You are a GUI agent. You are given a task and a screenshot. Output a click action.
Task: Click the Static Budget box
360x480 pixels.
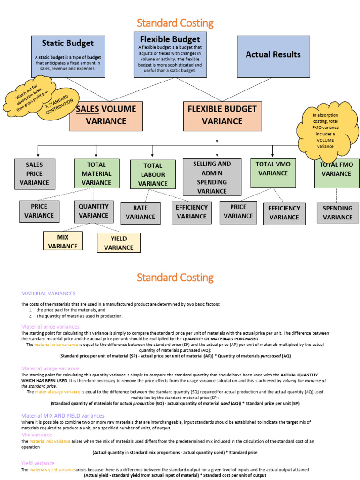point(68,56)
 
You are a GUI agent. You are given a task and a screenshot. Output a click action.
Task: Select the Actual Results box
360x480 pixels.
point(273,56)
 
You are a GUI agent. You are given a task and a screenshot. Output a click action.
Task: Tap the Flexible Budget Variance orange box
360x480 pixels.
point(222,116)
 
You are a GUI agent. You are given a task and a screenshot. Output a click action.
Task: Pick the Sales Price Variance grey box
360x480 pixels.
point(34,174)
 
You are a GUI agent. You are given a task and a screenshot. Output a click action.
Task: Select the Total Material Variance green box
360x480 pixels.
point(96,174)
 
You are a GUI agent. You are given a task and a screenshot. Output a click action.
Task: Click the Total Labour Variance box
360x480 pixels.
point(153,174)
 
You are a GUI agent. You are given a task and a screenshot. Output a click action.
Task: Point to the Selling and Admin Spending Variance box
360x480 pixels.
point(212,177)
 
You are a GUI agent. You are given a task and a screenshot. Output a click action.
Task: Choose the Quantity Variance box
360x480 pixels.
point(93,211)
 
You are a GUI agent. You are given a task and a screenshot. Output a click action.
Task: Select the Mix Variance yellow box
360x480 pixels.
point(63,241)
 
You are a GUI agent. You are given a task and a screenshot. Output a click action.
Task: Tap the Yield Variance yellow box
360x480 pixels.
point(119,243)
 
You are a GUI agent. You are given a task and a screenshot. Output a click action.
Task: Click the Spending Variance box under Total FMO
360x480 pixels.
point(337,212)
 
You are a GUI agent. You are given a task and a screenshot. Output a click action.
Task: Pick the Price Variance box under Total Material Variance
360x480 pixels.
point(39,211)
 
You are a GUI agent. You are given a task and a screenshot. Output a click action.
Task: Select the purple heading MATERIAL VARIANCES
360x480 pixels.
point(48,293)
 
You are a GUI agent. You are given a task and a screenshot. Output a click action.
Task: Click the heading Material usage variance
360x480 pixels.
point(50,368)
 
